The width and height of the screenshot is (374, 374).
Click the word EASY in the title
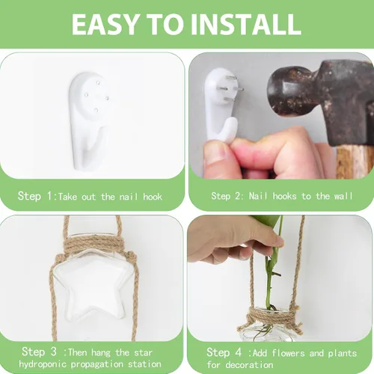click(x=105, y=24)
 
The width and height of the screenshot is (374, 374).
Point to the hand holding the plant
click(x=232, y=242)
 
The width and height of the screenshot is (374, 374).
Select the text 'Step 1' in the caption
click(x=35, y=196)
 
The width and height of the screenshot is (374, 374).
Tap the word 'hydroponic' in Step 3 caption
click(x=43, y=364)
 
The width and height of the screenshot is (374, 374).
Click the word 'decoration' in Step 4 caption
click(x=249, y=365)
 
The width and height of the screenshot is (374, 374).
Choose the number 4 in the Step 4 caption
click(x=239, y=352)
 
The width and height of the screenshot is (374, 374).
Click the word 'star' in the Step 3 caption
click(x=143, y=353)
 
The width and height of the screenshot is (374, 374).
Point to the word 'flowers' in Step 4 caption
click(x=288, y=353)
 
